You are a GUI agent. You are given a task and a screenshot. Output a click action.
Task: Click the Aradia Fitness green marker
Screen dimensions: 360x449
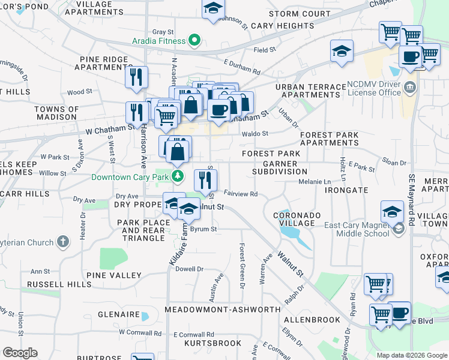tap(194, 41)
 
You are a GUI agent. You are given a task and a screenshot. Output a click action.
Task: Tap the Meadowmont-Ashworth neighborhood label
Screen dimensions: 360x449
tap(223, 309)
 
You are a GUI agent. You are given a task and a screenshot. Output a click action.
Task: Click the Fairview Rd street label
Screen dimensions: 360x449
tap(240, 194)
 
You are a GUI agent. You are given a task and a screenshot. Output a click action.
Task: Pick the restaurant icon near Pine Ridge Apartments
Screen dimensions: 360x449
tap(136, 76)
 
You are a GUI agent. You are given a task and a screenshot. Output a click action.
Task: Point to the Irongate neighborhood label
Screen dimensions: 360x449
tap(346, 190)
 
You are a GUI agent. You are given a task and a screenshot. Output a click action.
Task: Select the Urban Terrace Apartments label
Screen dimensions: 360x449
tap(311, 91)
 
